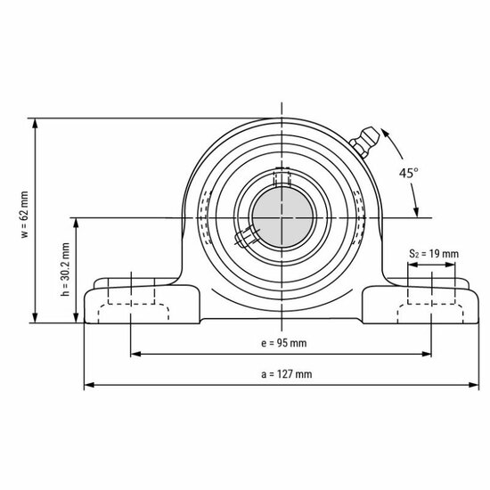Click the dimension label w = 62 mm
(25, 218)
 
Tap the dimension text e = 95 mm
(284, 343)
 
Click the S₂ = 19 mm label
(433, 255)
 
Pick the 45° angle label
(409, 174)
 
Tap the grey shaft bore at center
(281, 216)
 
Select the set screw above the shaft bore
(282, 177)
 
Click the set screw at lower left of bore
(243, 238)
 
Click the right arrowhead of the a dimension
(473, 386)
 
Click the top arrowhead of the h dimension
(64, 223)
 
